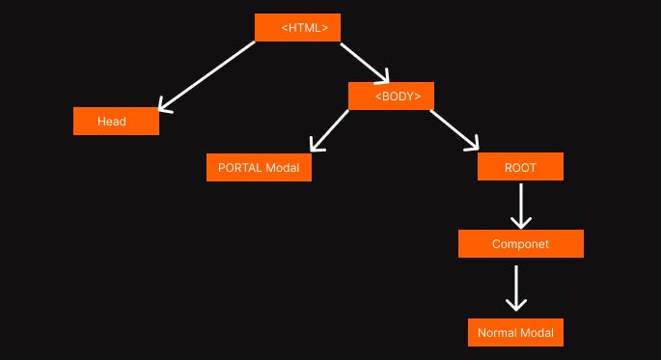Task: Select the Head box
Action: pos(116,122)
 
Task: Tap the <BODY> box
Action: pos(391,96)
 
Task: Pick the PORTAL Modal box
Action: pos(259,167)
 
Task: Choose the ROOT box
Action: pos(520,167)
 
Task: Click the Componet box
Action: pos(520,244)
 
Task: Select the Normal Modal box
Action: pos(515,333)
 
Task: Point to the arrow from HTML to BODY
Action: pos(362,61)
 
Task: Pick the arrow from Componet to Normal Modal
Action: pos(516,287)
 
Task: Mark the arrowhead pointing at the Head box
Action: pos(164,105)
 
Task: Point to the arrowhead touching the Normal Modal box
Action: pos(516,303)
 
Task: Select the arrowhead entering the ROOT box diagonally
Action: pos(471,145)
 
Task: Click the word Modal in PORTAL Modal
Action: pos(282,167)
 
